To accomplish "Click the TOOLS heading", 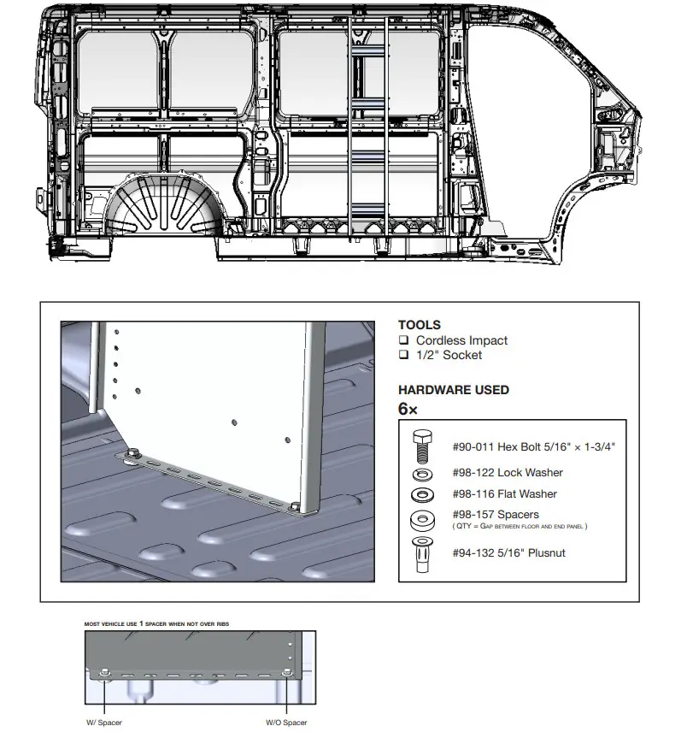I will click(420, 325).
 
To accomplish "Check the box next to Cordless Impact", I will click(404, 340).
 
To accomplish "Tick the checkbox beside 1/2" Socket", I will click(404, 355).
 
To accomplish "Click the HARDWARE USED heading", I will click(454, 390).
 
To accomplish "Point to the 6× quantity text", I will click(408, 409).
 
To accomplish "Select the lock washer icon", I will click(421, 473).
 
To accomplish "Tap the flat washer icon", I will click(421, 494).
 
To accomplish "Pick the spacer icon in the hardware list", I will click(421, 518).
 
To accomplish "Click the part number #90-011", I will click(473, 446).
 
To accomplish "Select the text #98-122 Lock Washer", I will click(507, 473).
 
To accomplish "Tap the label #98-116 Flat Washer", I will click(504, 494).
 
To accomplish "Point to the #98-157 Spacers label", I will click(495, 515).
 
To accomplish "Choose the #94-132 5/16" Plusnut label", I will click(508, 553).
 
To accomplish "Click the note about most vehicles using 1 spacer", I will click(156, 624).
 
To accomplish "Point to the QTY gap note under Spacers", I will click(520, 526).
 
